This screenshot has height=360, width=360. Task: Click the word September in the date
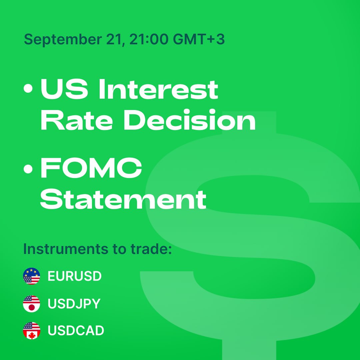[63, 39]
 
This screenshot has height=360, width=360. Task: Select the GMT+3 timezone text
[199, 39]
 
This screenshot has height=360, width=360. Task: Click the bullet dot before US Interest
[28, 88]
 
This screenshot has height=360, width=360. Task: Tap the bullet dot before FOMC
[28, 169]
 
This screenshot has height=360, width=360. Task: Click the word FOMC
[91, 168]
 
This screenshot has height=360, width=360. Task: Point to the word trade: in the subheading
[151, 249]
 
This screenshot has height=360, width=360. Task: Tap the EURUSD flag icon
[31, 276]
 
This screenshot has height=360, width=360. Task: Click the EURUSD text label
[75, 276]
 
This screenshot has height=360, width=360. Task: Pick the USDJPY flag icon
[31, 304]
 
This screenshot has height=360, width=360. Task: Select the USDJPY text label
[74, 304]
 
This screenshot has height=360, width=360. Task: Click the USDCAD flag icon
[31, 331]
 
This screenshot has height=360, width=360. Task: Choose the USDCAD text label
[76, 330]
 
